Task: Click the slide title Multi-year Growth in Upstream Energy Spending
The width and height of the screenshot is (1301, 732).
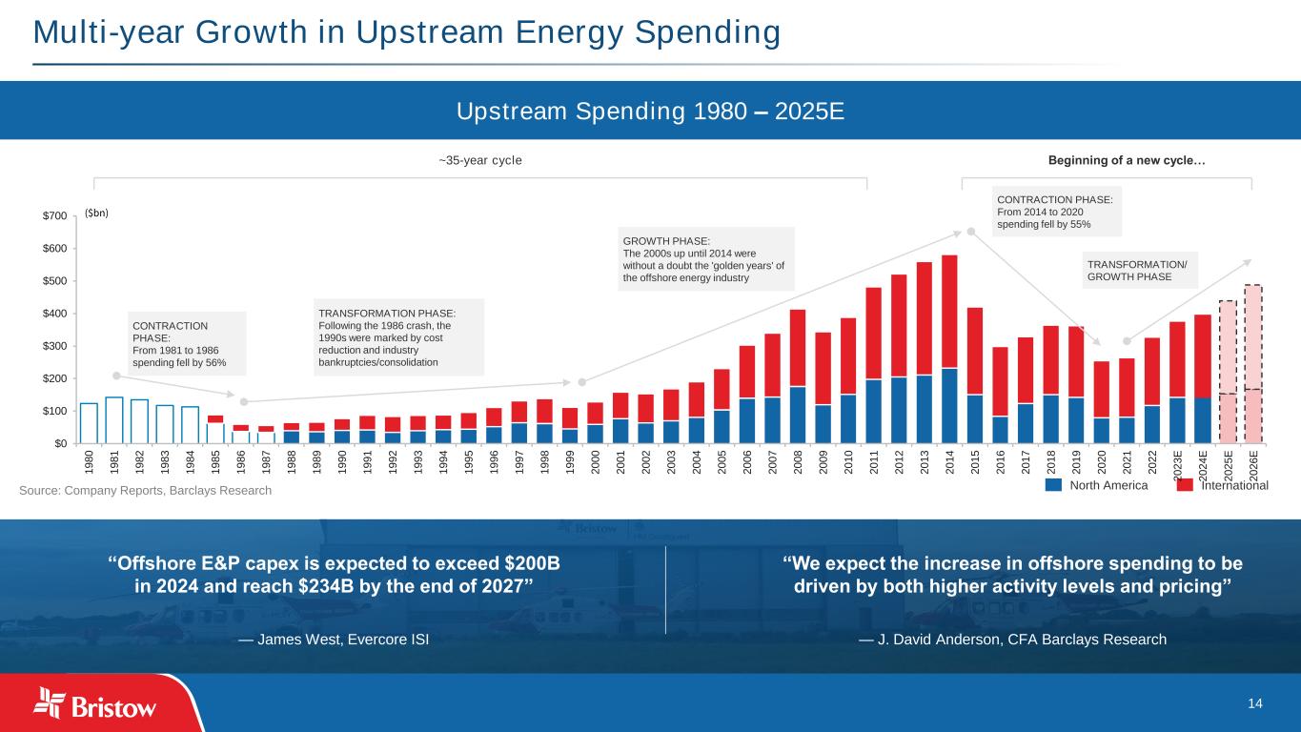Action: coord(407,32)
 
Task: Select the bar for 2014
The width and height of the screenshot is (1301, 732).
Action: coord(949,348)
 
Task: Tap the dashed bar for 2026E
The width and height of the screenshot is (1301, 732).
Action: coord(1252,364)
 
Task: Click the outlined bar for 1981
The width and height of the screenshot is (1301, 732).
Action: coord(114,419)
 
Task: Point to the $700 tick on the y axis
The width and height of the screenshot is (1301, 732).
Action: coord(53,216)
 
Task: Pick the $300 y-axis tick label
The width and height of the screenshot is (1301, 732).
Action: coord(53,346)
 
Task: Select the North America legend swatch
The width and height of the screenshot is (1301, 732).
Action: coord(1053,485)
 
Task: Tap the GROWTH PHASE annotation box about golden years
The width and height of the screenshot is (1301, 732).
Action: coord(705,258)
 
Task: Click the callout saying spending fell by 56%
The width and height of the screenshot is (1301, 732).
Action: coord(186,344)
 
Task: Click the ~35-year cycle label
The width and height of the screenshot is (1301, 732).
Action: coord(480,159)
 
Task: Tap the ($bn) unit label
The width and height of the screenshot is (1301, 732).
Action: coord(97,213)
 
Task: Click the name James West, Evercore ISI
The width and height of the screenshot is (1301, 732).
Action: coord(334,639)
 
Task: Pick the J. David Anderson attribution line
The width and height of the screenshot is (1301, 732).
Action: coord(1012,639)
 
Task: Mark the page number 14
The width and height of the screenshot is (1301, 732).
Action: coord(1254,703)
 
